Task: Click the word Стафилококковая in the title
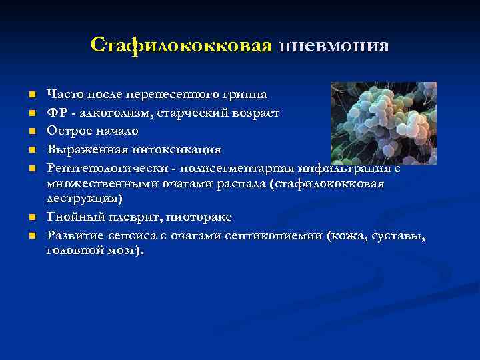(x=181, y=45)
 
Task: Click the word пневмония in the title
(x=334, y=45)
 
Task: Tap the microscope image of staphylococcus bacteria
(x=383, y=123)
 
